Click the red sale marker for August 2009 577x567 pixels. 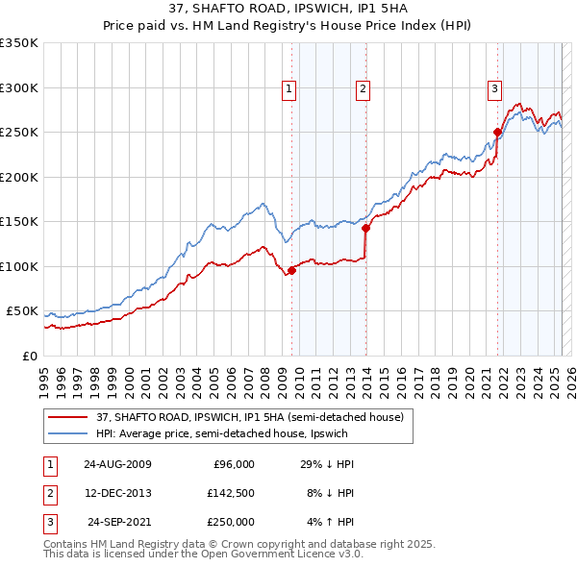(x=291, y=270)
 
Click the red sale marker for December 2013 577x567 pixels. (x=365, y=229)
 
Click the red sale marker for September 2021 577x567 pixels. (x=497, y=133)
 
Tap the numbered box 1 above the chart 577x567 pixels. (x=289, y=89)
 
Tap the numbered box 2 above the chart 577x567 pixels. (x=363, y=89)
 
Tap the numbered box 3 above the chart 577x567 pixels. (x=494, y=89)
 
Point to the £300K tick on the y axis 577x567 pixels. (x=18, y=87)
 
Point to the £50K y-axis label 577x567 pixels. (x=21, y=311)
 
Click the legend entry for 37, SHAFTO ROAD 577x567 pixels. (x=255, y=417)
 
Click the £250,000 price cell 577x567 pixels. (x=230, y=522)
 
